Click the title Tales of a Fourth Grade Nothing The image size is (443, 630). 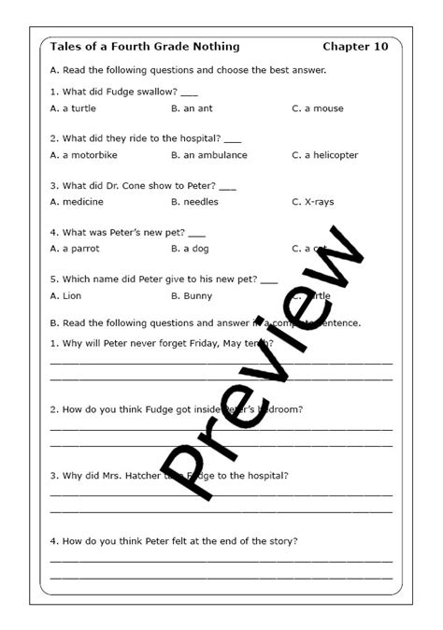coord(132,47)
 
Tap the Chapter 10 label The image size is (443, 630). coord(355,47)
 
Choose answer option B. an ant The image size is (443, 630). coord(193,108)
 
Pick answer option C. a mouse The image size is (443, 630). coord(317,108)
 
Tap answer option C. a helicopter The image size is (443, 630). coord(324,155)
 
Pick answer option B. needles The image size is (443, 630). coord(194,202)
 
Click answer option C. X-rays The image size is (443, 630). coord(312,202)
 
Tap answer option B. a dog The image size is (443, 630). coord(193,249)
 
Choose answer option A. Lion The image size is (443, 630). coord(66,295)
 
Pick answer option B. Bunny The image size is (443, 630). coord(192,295)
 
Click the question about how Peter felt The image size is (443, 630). coord(174,540)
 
